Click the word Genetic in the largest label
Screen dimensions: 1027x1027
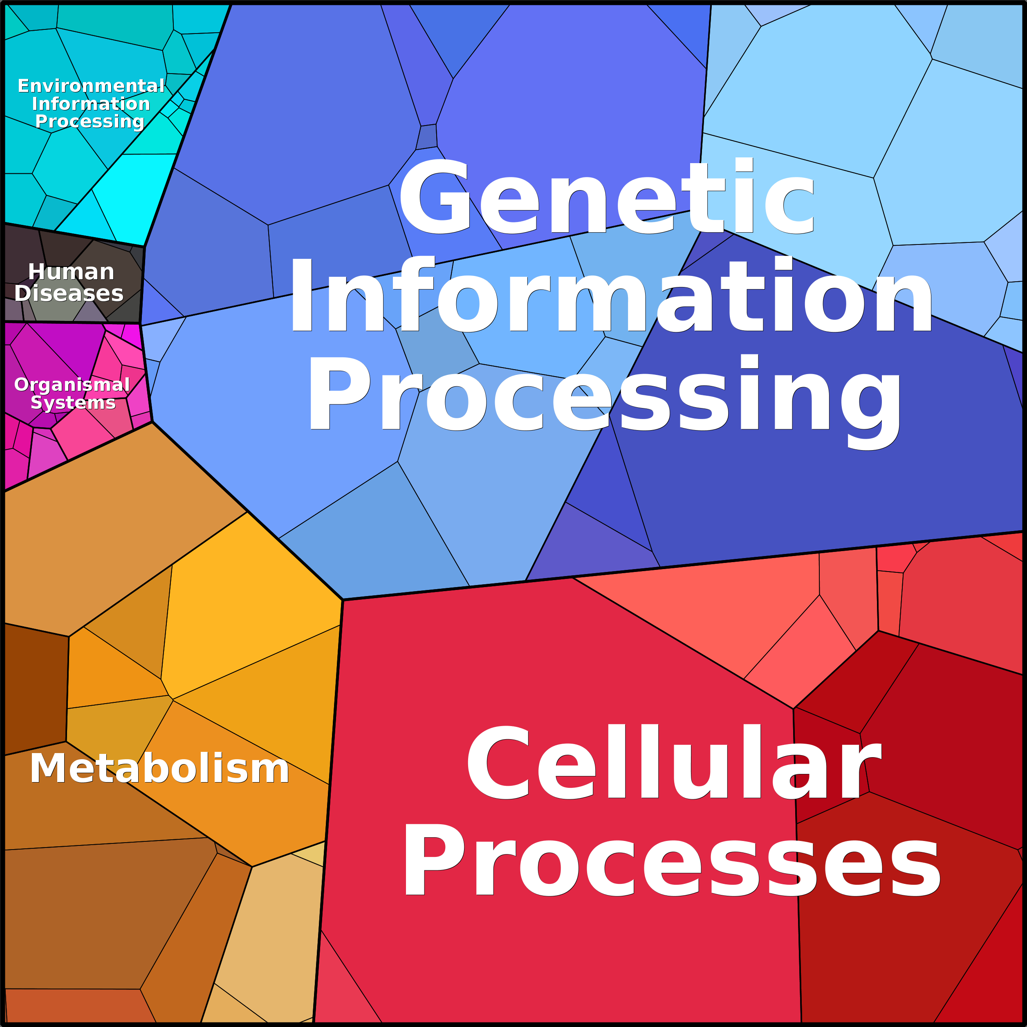click(x=607, y=197)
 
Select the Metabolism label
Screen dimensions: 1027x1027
click(x=159, y=769)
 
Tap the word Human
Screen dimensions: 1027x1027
click(x=71, y=271)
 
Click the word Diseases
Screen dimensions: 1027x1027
click(x=69, y=294)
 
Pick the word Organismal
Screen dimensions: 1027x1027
click(x=72, y=385)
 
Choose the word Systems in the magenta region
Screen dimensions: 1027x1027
click(x=73, y=402)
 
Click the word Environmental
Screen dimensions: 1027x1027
click(x=91, y=85)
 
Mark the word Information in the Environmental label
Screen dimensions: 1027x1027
click(x=91, y=104)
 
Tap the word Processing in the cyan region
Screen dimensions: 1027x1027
click(x=90, y=121)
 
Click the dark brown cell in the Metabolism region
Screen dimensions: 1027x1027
click(x=35, y=689)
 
